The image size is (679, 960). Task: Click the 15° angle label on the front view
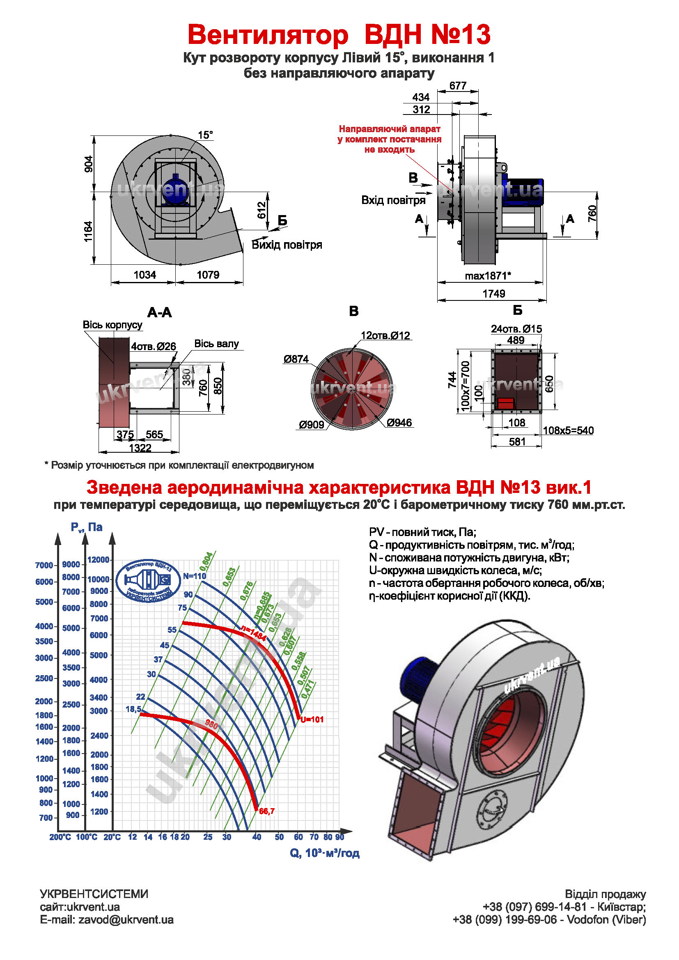[205, 135]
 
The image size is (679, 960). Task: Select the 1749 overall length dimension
[494, 293]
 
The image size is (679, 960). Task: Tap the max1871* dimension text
[488, 276]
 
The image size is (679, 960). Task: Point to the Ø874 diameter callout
[296, 359]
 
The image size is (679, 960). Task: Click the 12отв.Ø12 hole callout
[385, 335]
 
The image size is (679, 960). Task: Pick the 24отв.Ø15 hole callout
[516, 329]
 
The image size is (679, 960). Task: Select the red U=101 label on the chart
[312, 719]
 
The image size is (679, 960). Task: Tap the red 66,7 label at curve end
[267, 811]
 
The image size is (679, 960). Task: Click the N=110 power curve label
[195, 576]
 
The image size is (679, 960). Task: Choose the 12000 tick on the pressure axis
[98, 560]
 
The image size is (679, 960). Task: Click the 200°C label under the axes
[60, 837]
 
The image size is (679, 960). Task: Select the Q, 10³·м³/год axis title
[324, 853]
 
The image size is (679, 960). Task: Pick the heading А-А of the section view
[159, 312]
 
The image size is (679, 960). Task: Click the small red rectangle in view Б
[505, 403]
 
